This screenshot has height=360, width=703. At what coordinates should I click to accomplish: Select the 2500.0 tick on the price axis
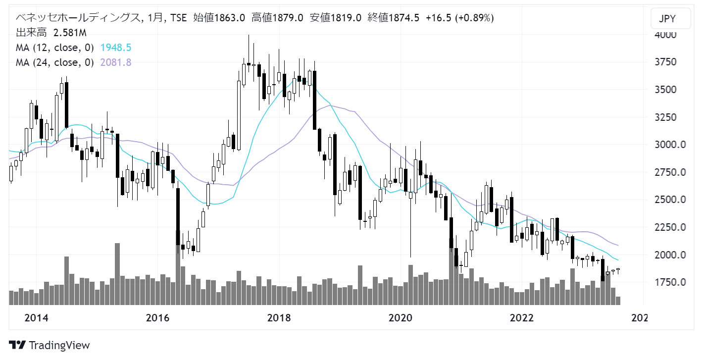pyautogui.click(x=666, y=200)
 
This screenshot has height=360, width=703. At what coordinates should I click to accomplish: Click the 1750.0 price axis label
pyautogui.click(x=666, y=282)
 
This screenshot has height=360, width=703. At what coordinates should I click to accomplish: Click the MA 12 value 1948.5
pyautogui.click(x=115, y=48)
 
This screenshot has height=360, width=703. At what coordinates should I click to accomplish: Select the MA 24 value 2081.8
pyautogui.click(x=115, y=62)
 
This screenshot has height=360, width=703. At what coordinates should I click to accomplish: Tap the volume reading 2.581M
pyautogui.click(x=70, y=33)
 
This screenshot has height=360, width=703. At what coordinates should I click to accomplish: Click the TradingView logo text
pyautogui.click(x=59, y=345)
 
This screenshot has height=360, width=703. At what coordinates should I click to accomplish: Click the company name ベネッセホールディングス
pyautogui.click(x=77, y=18)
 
